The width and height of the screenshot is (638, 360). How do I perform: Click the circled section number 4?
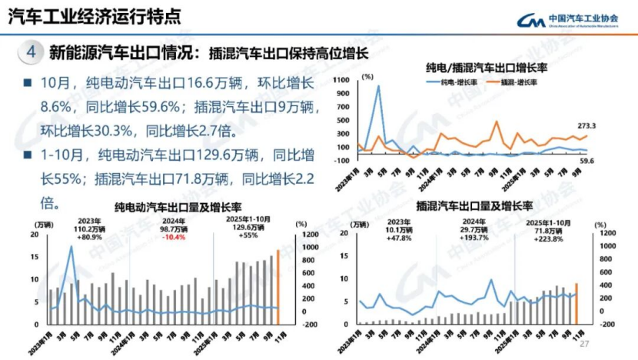(x=30, y=53)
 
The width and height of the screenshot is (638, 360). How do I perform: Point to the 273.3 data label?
(x=587, y=125)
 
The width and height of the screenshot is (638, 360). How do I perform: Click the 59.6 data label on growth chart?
(x=588, y=161)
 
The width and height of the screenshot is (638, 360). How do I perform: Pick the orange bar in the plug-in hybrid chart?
(x=577, y=303)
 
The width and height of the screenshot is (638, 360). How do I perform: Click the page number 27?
(x=583, y=343)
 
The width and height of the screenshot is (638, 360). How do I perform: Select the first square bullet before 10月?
(x=28, y=82)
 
